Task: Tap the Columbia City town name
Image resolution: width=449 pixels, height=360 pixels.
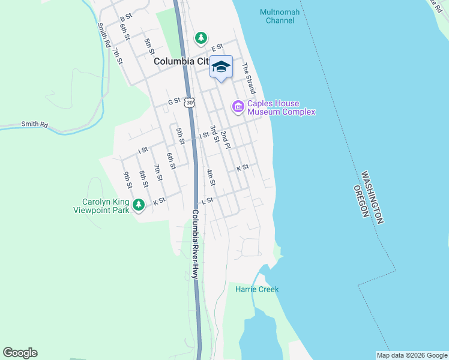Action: coord(181,61)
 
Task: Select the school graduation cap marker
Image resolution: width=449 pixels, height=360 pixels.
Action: coord(221,67)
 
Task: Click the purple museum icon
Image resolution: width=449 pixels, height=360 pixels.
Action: coord(238,107)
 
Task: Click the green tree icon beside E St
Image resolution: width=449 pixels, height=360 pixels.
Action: coord(201,38)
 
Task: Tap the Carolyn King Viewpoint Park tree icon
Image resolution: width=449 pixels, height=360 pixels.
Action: coord(139,205)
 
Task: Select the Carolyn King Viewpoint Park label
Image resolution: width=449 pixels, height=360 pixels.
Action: coord(101,206)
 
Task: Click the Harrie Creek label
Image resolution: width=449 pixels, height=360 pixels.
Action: coord(257,289)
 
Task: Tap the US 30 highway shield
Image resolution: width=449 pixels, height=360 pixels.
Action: coord(190,103)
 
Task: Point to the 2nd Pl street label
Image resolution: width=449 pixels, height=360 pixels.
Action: coord(225,140)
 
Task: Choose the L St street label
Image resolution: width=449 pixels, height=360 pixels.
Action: coord(208,200)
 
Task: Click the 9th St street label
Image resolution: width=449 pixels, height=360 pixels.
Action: coord(127,179)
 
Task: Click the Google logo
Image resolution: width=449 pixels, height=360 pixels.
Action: coord(20,353)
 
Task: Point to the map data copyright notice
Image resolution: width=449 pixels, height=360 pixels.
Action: coord(412,355)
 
